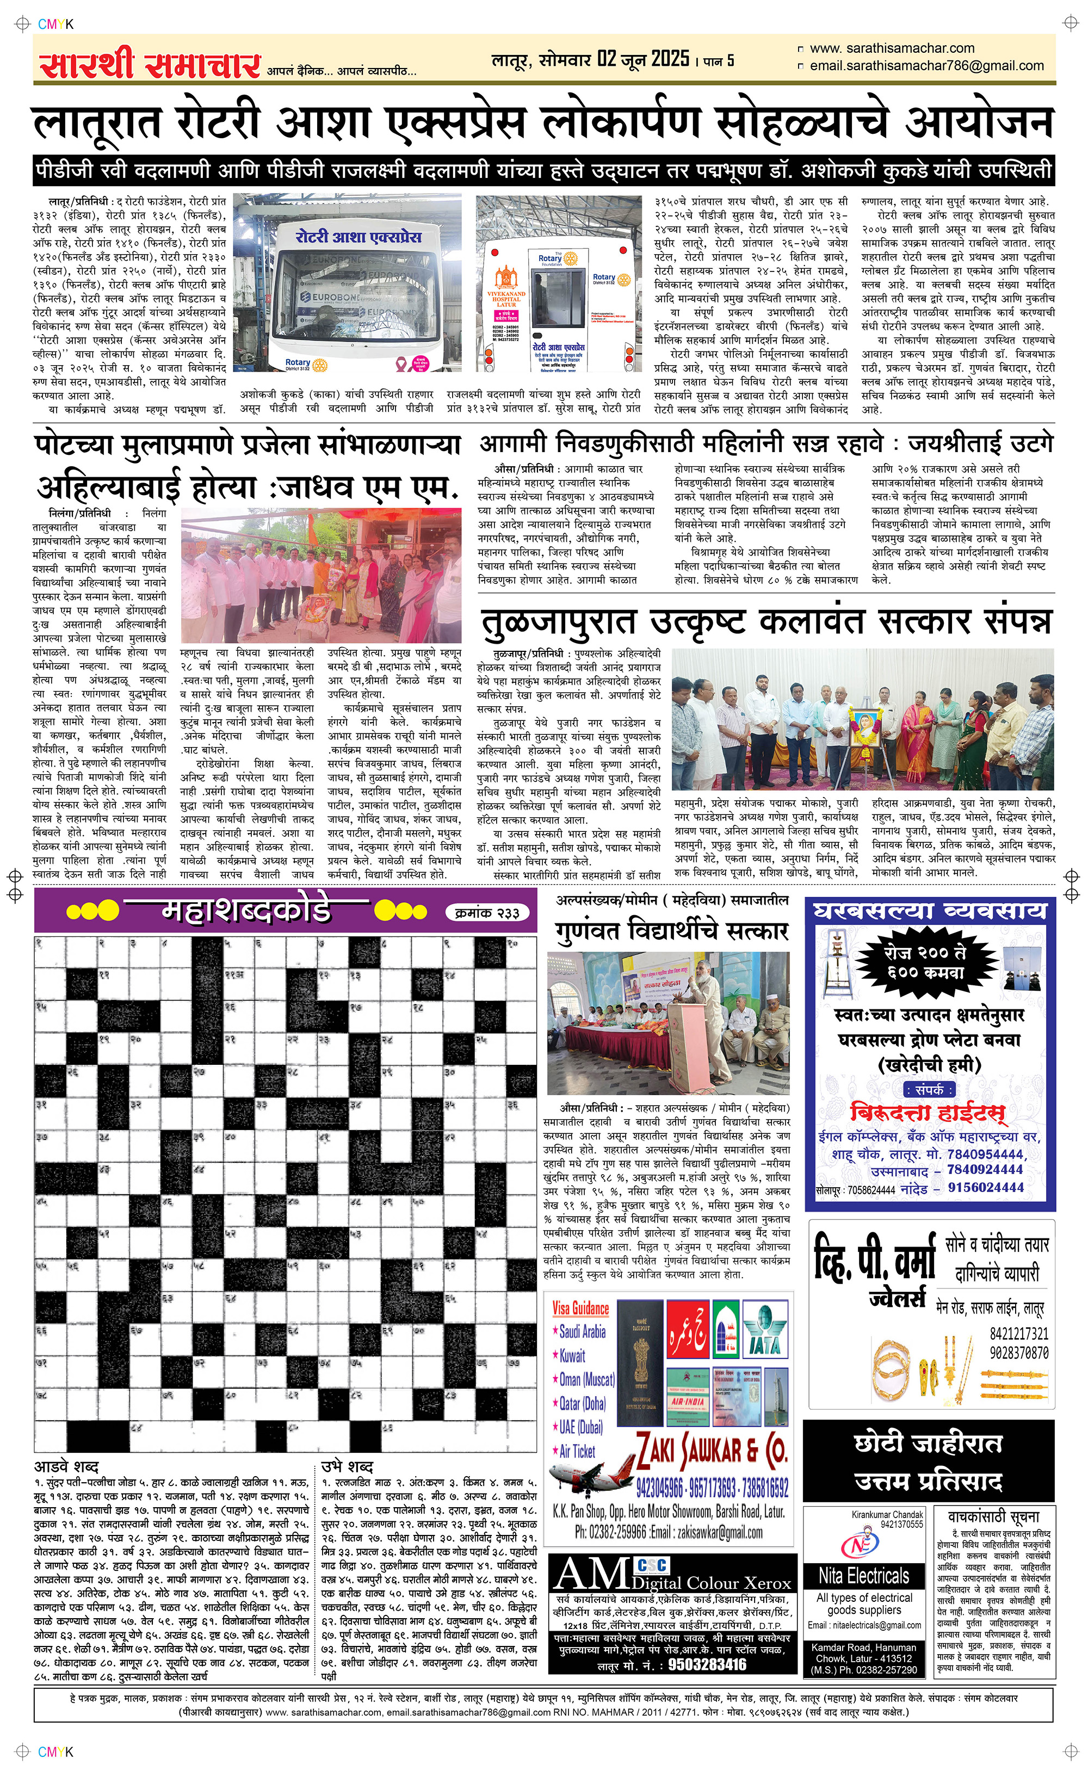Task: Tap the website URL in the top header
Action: [892, 48]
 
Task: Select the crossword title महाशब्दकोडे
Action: [246, 911]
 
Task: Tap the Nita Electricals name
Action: [863, 1576]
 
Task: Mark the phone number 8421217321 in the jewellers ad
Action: [1018, 1333]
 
